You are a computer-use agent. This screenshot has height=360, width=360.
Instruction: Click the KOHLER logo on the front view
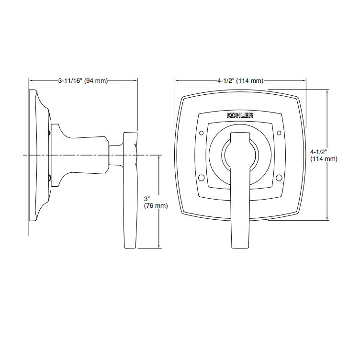240,115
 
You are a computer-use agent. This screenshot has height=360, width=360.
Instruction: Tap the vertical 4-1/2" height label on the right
324,155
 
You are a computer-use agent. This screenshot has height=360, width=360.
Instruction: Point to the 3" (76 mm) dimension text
156,202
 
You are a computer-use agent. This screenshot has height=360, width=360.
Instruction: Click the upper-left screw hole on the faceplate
202,133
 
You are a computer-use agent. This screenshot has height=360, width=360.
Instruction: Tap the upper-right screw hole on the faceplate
279,133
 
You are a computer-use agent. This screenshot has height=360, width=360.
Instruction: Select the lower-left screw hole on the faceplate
201,178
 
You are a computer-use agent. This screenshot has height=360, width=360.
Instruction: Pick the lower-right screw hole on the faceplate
279,178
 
